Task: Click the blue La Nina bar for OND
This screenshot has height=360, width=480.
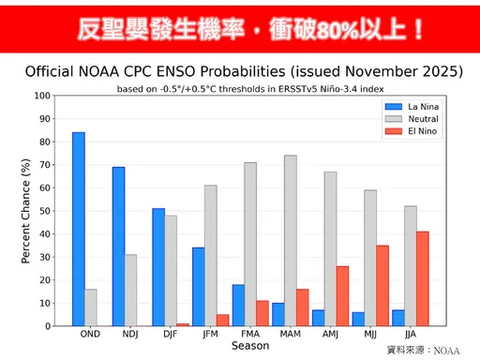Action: point(79,230)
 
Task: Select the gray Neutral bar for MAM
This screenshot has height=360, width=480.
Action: point(291,241)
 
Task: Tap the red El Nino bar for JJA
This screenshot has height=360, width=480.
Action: point(424,278)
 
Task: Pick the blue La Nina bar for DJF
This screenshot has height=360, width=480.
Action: point(158,267)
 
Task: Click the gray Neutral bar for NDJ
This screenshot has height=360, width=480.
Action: point(131,291)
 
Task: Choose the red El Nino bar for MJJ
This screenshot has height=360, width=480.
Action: point(383,286)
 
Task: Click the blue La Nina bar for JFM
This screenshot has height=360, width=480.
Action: point(199,287)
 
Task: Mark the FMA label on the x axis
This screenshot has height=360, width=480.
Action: point(251,334)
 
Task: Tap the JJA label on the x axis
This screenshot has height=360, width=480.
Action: point(412,334)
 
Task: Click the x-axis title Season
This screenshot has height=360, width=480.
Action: point(250,346)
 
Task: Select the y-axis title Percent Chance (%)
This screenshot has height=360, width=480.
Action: point(25,211)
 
